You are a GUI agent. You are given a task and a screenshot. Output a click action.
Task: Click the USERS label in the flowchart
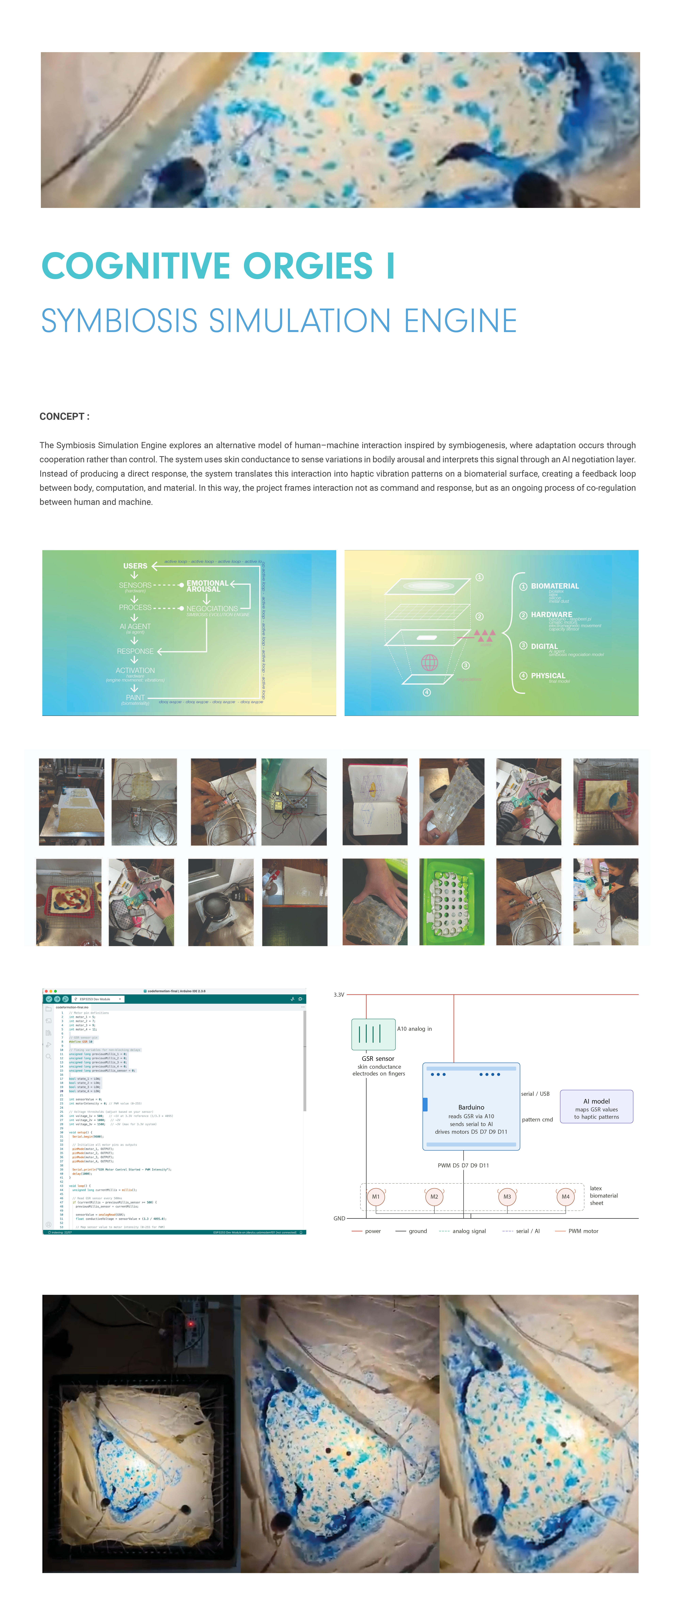click(x=135, y=566)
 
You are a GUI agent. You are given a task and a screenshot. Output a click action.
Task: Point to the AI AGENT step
click(x=135, y=627)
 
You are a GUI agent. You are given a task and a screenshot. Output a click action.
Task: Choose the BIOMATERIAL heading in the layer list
click(x=555, y=586)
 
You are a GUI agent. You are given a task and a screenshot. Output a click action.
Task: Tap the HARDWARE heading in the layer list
click(x=551, y=615)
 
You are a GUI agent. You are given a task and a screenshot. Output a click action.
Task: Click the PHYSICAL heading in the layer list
click(x=548, y=676)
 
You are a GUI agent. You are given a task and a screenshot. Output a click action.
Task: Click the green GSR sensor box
click(x=373, y=1034)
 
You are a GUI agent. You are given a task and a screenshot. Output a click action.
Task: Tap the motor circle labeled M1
click(x=376, y=1197)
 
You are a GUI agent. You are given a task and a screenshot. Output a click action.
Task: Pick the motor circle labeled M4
click(x=565, y=1197)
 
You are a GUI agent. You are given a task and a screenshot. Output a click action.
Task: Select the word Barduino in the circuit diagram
click(x=471, y=1107)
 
